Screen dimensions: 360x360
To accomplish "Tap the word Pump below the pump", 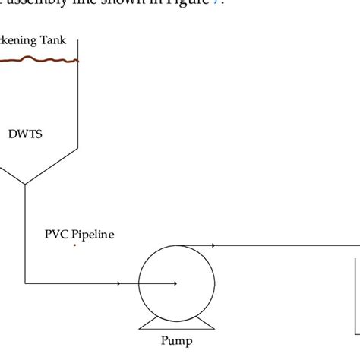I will (x=176, y=341).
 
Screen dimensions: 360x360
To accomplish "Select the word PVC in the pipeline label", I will (x=57, y=234).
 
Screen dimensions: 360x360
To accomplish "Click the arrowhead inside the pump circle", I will (x=175, y=284).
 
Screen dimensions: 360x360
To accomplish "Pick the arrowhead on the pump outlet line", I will (x=214, y=245).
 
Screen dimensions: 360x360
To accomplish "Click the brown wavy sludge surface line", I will (x=38, y=60).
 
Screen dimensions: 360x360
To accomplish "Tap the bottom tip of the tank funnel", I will (x=25, y=184).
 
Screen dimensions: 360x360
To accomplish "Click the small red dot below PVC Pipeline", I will (x=74, y=245).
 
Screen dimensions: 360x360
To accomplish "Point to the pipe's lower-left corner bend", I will (x=25, y=284).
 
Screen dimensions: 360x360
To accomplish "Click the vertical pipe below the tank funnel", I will (x=25, y=228).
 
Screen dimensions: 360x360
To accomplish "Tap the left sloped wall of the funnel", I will (x=11, y=173).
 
